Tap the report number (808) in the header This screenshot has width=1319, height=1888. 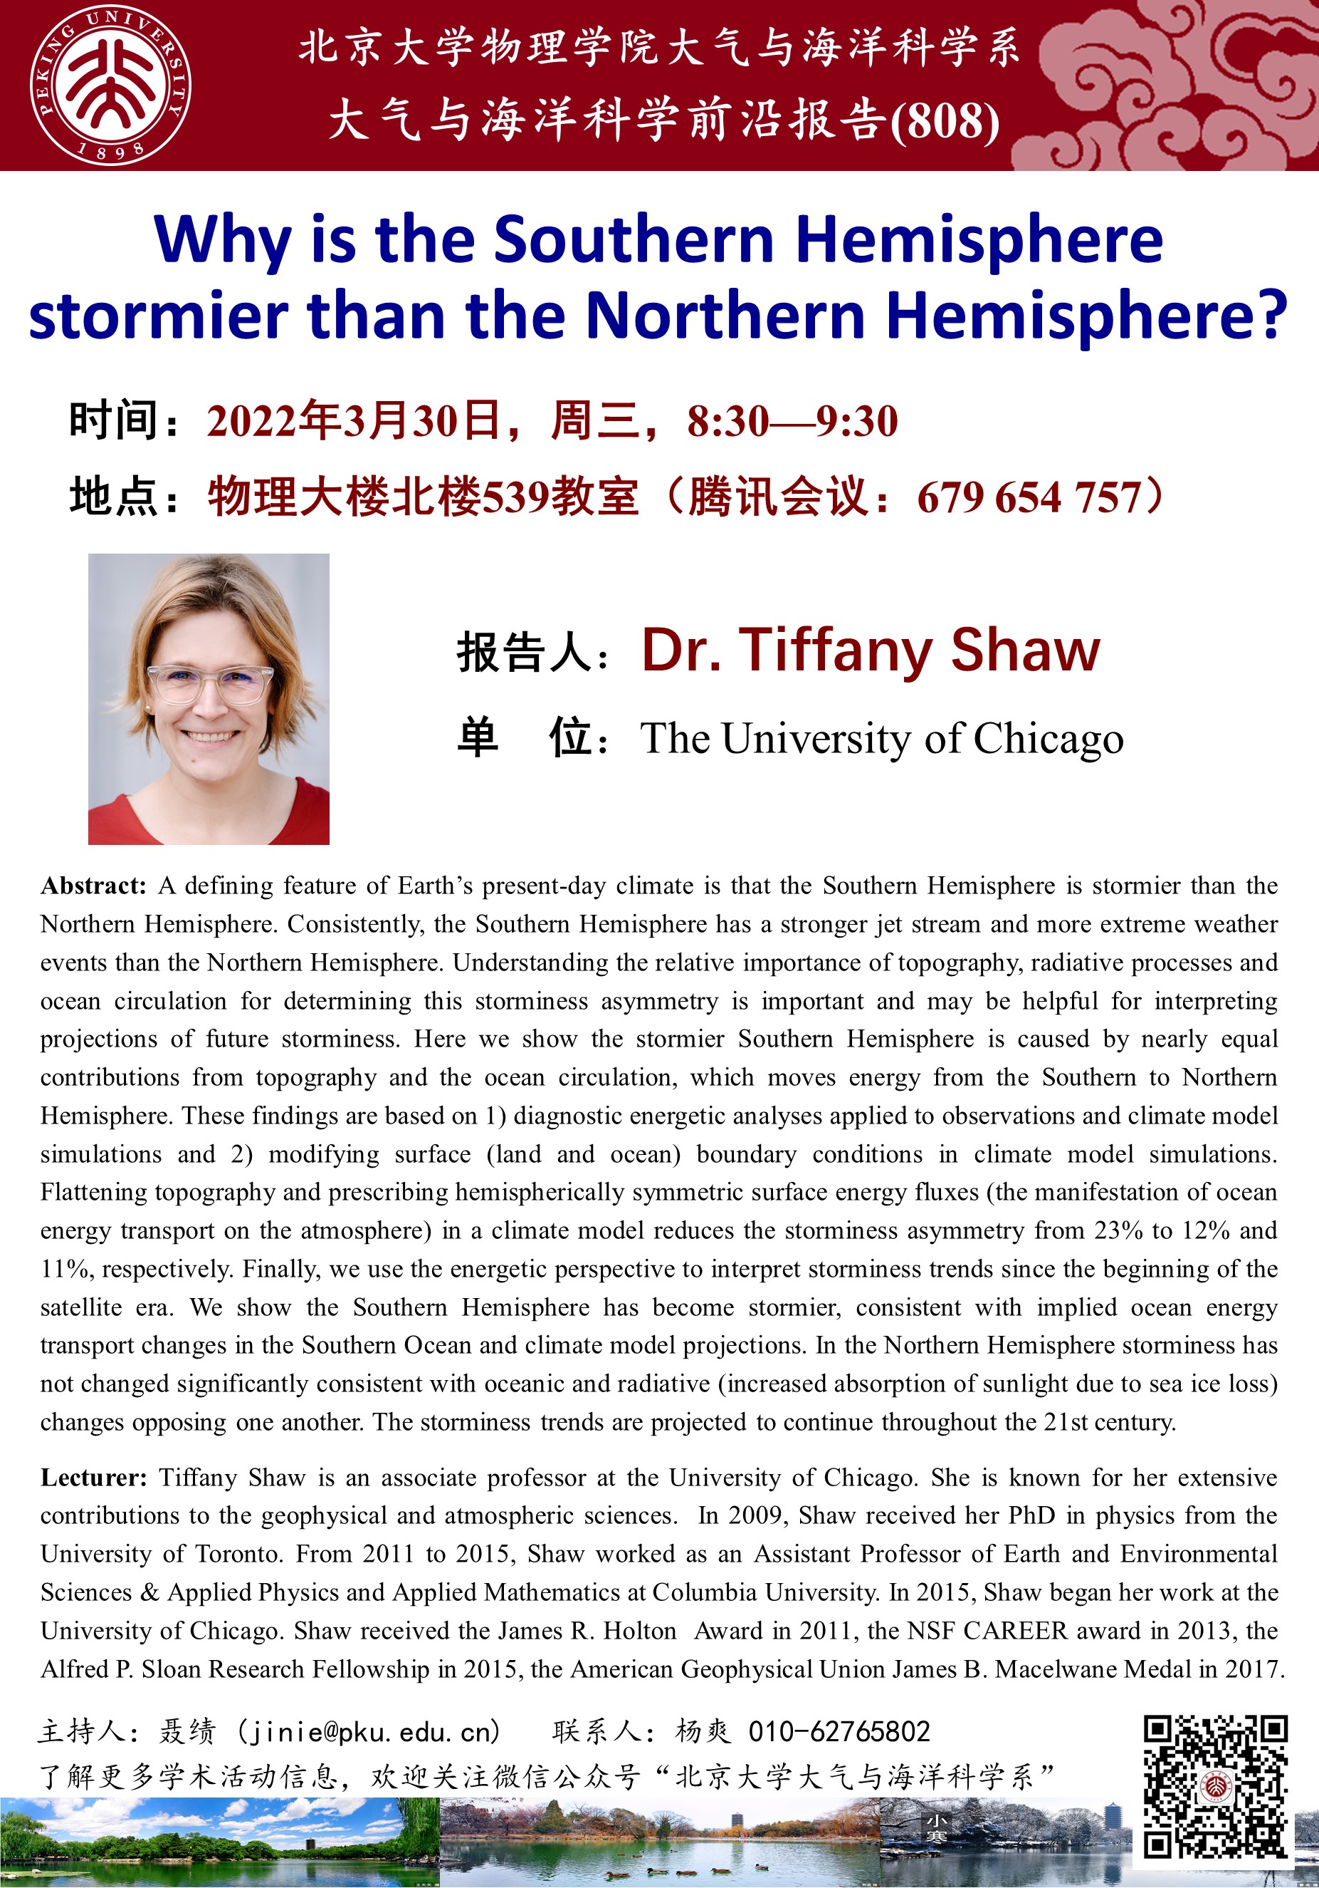click(945, 121)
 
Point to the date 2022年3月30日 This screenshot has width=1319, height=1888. click(353, 421)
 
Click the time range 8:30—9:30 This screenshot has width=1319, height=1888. click(792, 421)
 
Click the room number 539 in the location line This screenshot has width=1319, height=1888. click(515, 497)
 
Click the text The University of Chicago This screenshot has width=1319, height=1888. click(881, 737)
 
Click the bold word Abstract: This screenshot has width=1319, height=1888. click(93, 886)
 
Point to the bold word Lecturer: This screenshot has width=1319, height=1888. click(93, 1478)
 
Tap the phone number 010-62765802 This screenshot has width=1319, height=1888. click(839, 1732)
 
